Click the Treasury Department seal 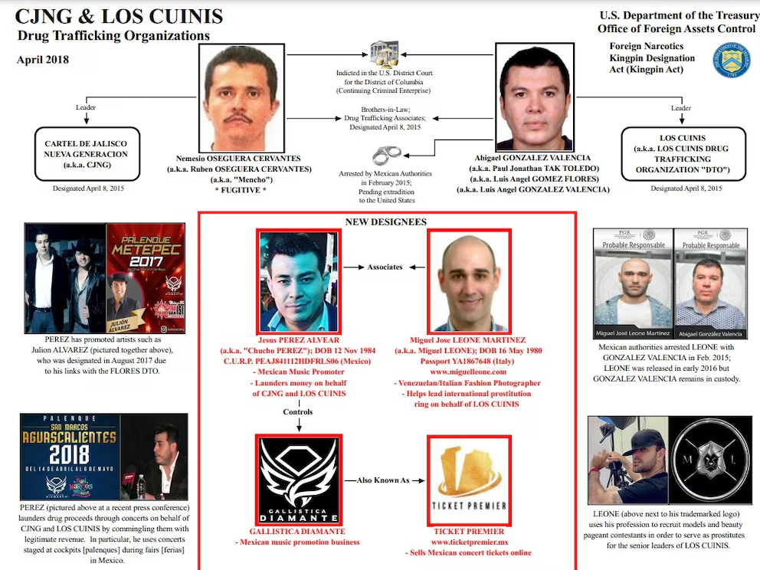click(731, 61)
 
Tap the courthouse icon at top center click(383, 54)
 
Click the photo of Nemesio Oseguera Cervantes click(244, 96)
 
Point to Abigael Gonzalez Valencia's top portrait click(533, 97)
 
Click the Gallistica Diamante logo click(299, 480)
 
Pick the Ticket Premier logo click(469, 480)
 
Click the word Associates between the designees click(385, 267)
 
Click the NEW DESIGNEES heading click(385, 222)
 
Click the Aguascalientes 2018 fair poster click(70, 457)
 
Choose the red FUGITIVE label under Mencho click(243, 188)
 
